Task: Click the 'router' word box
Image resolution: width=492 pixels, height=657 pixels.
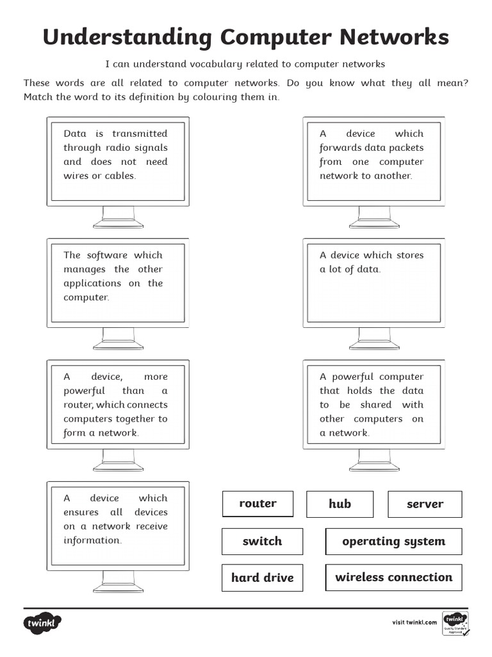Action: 258,504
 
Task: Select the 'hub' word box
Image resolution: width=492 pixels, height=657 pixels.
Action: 340,504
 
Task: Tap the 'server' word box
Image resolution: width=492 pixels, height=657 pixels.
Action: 425,504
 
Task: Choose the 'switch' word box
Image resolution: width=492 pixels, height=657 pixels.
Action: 262,542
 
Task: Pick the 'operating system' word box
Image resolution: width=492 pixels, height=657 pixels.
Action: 394,542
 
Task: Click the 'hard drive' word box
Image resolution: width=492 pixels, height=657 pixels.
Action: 262,578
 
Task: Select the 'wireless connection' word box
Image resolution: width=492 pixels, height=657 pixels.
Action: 394,577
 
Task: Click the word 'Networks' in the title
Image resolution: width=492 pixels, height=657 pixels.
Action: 394,37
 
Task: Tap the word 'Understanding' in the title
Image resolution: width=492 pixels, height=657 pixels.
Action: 127,38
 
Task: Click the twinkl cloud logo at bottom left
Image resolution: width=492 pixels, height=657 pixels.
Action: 42,623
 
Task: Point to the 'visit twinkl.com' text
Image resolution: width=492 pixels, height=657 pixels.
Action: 414,622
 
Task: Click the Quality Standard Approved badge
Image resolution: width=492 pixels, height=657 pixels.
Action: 455,624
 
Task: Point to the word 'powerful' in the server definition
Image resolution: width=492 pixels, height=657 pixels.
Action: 353,377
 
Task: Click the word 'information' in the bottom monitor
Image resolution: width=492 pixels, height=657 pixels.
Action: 92,540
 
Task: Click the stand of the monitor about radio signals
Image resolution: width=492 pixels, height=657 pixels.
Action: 119,217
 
